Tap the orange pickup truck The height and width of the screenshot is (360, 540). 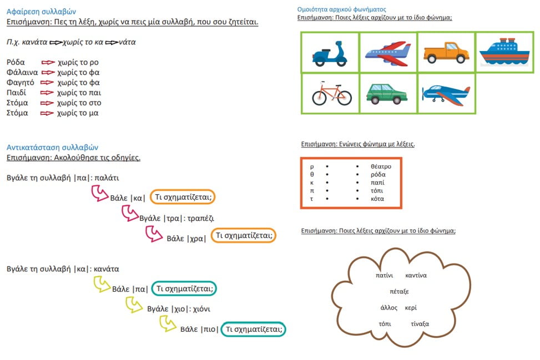pyautogui.click(x=446, y=53)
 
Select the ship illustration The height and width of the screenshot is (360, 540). pyautogui.click(x=504, y=52)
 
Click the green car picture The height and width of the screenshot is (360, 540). pyautogui.click(x=387, y=93)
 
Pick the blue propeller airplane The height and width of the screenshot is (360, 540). pyautogui.click(x=446, y=95)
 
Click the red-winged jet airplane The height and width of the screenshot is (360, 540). pyautogui.click(x=388, y=53)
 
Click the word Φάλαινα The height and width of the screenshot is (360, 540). pyautogui.click(x=22, y=72)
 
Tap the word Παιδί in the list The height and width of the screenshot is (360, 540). pyautogui.click(x=16, y=93)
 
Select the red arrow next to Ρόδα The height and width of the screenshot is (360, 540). pyautogui.click(x=48, y=62)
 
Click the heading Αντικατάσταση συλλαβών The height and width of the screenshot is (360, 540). pyautogui.click(x=52, y=148)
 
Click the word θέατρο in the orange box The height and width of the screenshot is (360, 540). pyautogui.click(x=381, y=166)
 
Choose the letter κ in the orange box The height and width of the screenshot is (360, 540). pyautogui.click(x=312, y=182)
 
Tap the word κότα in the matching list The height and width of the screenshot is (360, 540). pyautogui.click(x=377, y=199)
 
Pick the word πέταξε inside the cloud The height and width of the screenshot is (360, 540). pyautogui.click(x=399, y=292)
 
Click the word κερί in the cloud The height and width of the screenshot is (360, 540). pyautogui.click(x=411, y=308)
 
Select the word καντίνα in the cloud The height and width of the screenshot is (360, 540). pyautogui.click(x=416, y=275)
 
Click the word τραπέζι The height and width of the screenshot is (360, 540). pyautogui.click(x=201, y=218)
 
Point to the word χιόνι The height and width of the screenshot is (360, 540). pyautogui.click(x=202, y=309)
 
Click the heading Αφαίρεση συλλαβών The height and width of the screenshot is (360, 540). pyautogui.click(x=41, y=12)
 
